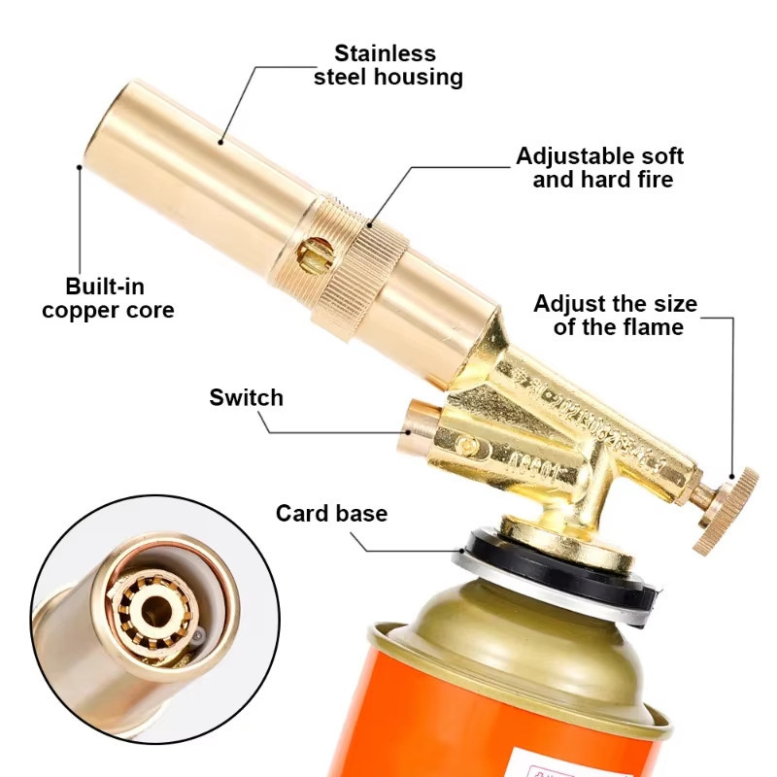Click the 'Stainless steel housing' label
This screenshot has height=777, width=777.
388,65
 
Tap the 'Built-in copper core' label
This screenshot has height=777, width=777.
108,298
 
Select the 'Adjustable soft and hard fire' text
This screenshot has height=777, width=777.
599,167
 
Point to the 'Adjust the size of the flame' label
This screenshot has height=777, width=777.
615,316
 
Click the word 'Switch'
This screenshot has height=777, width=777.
247,397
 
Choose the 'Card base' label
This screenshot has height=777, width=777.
331,513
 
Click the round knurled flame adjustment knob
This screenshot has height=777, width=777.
726,509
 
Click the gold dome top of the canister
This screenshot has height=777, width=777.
544,622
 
